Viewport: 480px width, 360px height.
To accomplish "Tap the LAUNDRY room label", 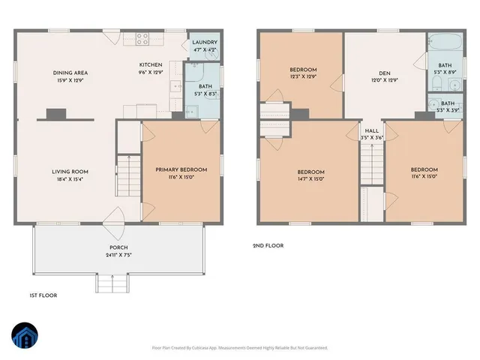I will pyautogui.click(x=204, y=43).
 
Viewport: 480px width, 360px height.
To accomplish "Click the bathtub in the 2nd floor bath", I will pyautogui.click(x=437, y=46).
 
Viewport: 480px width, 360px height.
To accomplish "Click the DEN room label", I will pyautogui.click(x=384, y=73).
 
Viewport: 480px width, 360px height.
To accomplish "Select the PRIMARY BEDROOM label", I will pyautogui.click(x=181, y=170).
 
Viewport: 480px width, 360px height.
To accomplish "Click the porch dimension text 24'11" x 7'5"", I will pyautogui.click(x=118, y=256).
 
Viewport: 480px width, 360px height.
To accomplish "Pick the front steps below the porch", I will pyautogui.click(x=110, y=283).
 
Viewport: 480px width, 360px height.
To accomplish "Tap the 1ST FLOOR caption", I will pyautogui.click(x=43, y=295).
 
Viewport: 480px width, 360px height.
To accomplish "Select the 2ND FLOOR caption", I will pyautogui.click(x=268, y=245).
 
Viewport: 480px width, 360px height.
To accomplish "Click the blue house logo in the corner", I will pyautogui.click(x=24, y=337).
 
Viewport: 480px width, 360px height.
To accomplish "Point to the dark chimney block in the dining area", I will pyautogui.click(x=55, y=114).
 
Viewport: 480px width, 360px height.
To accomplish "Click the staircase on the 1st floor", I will pyautogui.click(x=129, y=180).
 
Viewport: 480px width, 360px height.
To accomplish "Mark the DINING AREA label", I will pyautogui.click(x=70, y=73).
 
